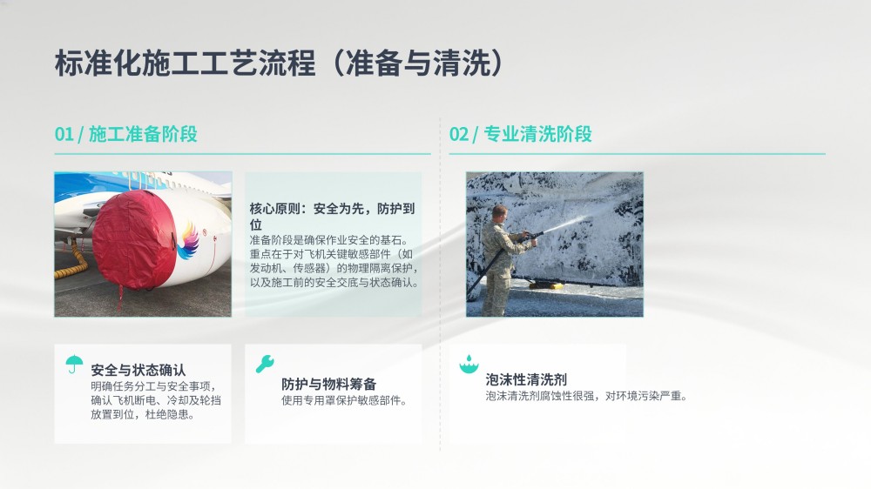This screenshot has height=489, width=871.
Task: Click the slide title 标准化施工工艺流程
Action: tap(185, 62)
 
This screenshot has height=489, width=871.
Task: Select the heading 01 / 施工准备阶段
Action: tap(126, 134)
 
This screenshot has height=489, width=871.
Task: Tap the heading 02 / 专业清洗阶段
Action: tap(521, 134)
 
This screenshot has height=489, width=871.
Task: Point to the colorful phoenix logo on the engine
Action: tap(188, 241)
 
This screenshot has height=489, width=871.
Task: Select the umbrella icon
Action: tap(74, 364)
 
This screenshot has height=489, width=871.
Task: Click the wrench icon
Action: tap(265, 364)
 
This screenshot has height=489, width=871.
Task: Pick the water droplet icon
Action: tap(469, 364)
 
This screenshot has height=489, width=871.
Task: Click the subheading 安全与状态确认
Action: tap(138, 370)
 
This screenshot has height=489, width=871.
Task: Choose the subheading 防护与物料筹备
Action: tap(329, 384)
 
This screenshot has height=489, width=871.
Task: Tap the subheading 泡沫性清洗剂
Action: tap(526, 379)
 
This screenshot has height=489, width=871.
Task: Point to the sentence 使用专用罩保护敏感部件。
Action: tap(344, 401)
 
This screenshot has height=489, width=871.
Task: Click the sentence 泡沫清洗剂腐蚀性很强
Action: tap(540, 396)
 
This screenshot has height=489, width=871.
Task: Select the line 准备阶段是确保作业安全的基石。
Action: tap(329, 240)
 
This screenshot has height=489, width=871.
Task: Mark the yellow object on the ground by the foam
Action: tap(547, 285)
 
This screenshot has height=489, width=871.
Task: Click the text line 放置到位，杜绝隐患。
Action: tap(143, 415)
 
